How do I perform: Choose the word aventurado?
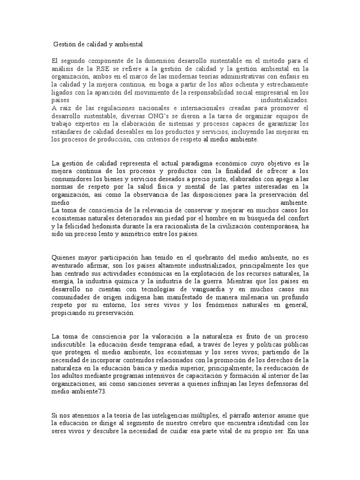(69, 266)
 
